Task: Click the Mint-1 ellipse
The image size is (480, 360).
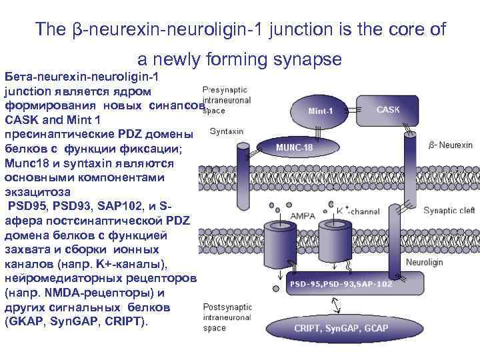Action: (x=320, y=110)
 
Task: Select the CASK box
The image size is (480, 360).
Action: (x=388, y=109)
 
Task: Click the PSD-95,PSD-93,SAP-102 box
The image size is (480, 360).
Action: (x=341, y=283)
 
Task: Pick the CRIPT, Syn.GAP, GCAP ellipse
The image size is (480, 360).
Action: (x=341, y=328)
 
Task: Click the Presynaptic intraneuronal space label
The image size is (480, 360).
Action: (x=225, y=100)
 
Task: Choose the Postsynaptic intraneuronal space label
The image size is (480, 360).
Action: (x=226, y=317)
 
